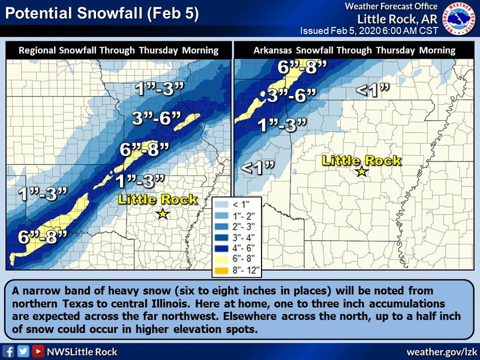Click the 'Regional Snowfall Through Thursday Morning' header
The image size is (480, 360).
[118, 50]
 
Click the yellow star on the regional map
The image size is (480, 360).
[162, 214]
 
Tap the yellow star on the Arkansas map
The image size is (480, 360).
[362, 172]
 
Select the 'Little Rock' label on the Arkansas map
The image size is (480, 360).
[362, 160]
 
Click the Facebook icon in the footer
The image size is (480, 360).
[9, 351]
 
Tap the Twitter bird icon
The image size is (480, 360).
[23, 351]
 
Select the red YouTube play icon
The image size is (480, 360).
[38, 351]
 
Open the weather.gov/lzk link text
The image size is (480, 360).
[442, 351]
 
